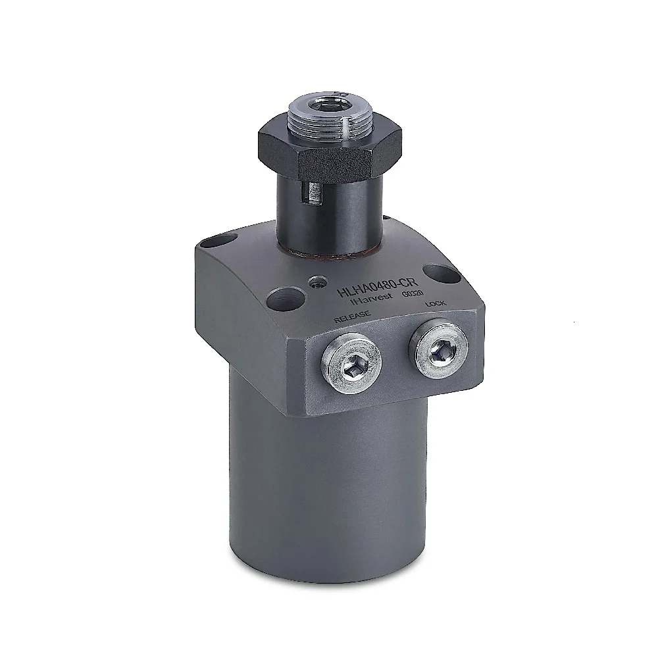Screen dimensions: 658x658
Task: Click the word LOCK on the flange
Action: (x=435, y=304)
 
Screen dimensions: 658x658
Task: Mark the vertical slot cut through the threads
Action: (x=344, y=124)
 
